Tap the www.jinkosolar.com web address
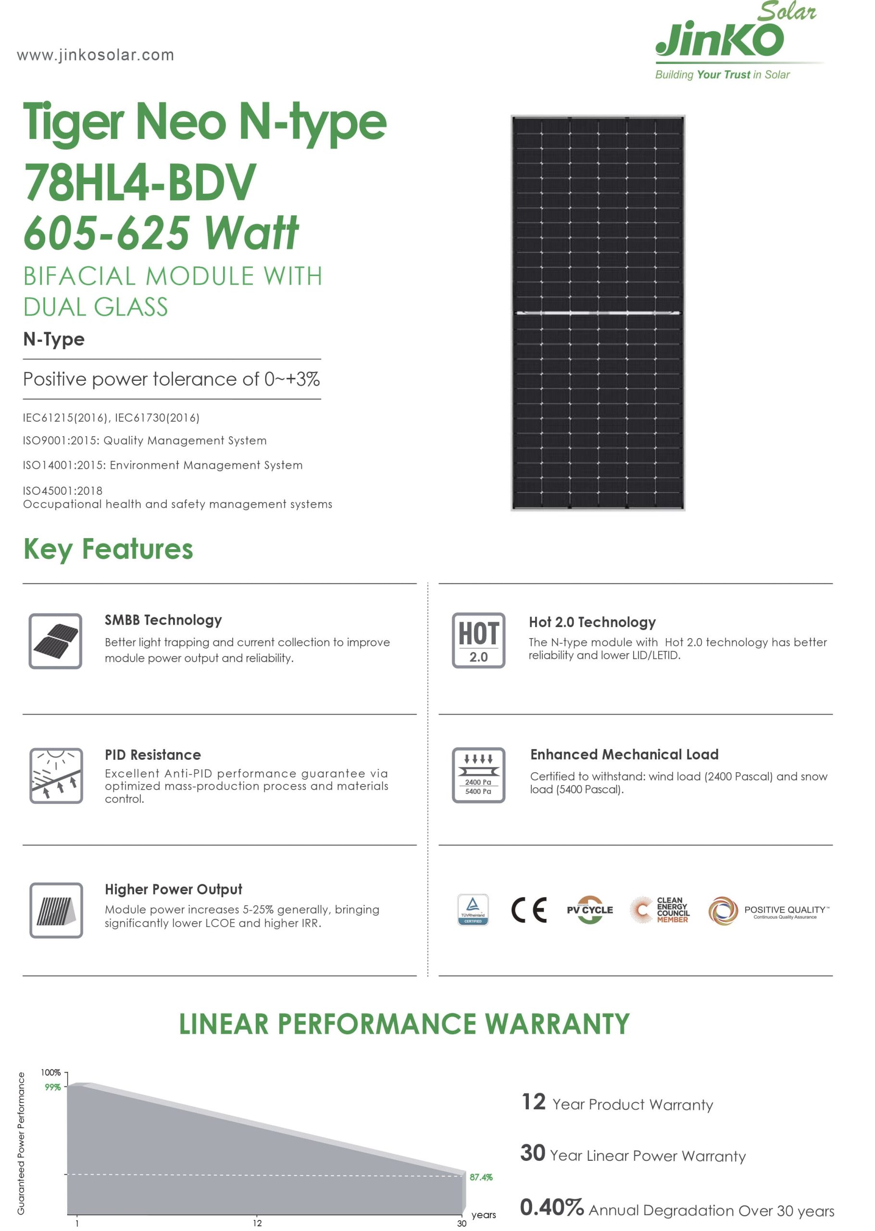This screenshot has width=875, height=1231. [95, 55]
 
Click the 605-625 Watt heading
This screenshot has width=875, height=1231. [161, 233]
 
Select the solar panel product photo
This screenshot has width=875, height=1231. [598, 313]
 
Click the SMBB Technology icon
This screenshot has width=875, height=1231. [55, 641]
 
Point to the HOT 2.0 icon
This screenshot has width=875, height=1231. [478, 640]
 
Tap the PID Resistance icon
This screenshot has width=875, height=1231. [56, 775]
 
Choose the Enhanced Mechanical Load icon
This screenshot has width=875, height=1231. [478, 775]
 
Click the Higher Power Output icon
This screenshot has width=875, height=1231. [56, 910]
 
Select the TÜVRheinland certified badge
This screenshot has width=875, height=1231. [473, 909]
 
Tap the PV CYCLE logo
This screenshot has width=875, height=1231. [589, 910]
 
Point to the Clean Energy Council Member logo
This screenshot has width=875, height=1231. [660, 910]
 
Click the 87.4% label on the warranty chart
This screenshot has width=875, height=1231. [481, 1177]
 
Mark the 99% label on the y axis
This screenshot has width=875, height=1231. [52, 1087]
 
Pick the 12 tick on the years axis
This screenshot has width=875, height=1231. [257, 1223]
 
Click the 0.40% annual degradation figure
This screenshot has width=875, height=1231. [551, 1207]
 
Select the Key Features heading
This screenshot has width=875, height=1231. [108, 549]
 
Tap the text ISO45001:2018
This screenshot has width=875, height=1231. [62, 491]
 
